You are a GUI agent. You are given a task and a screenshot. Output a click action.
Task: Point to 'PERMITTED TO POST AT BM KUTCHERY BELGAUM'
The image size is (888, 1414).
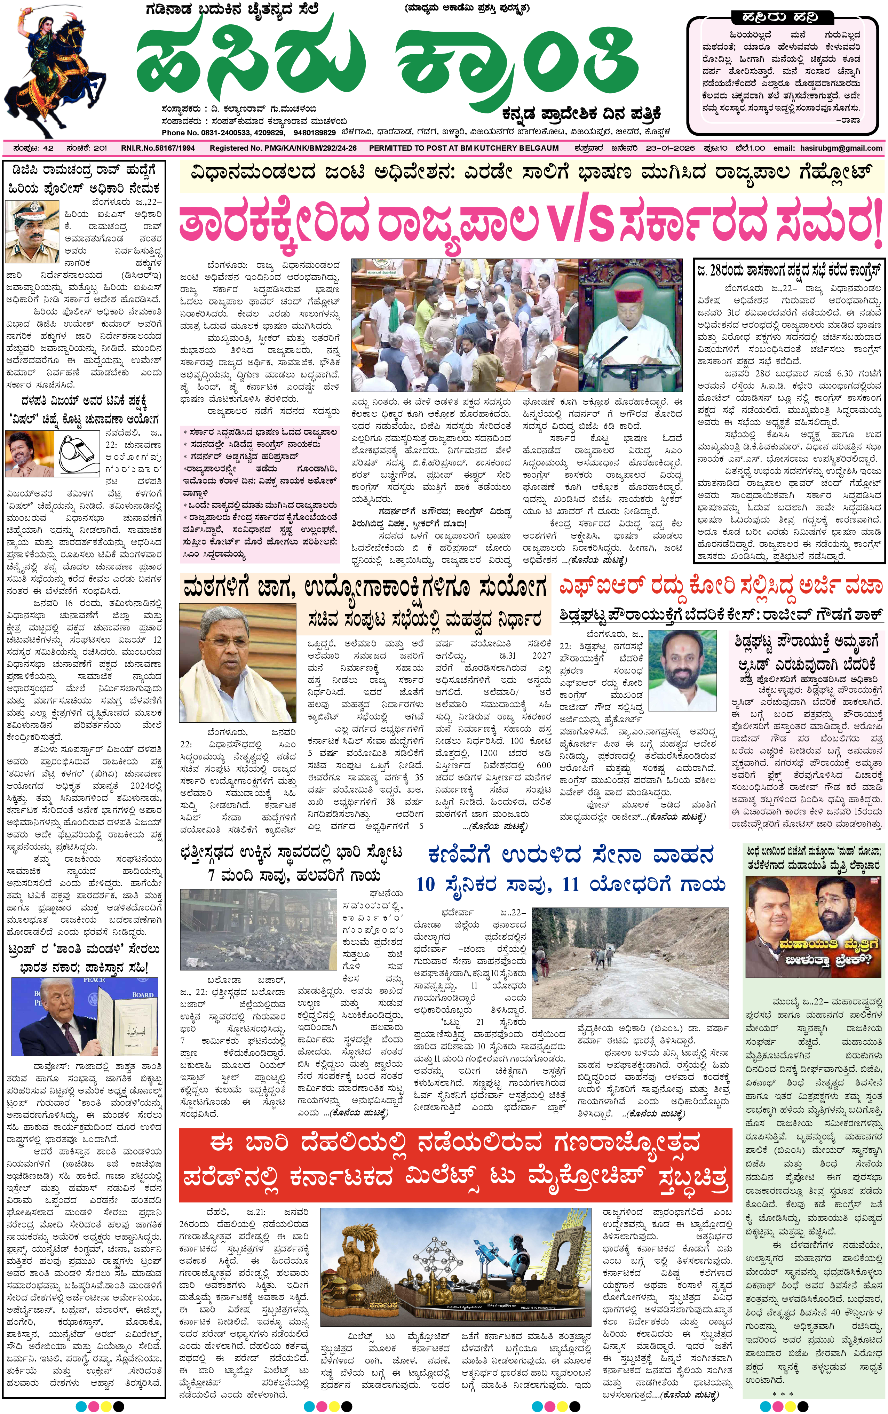click(x=463, y=149)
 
